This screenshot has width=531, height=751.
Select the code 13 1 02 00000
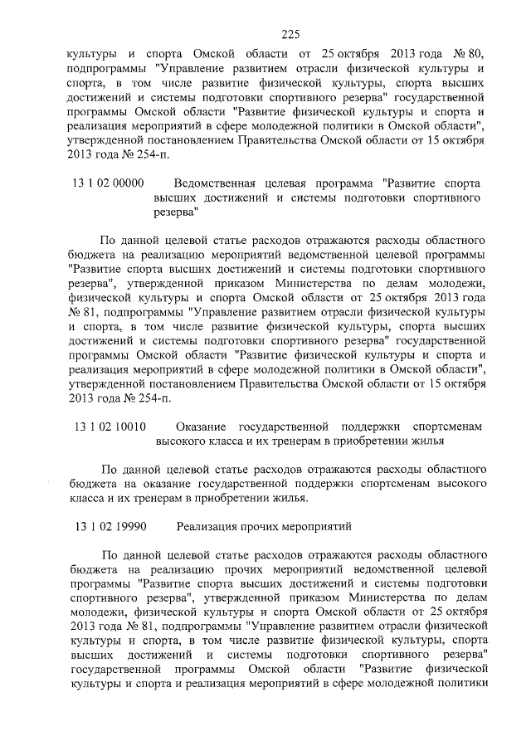[x=110, y=183]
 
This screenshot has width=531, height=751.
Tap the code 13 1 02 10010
[x=110, y=427]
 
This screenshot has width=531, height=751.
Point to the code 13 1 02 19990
[x=110, y=526]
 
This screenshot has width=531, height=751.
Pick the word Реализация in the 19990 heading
[x=207, y=526]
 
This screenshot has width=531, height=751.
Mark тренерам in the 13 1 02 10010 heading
[x=298, y=441]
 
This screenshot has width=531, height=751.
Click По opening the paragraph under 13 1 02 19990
[x=110, y=554]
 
